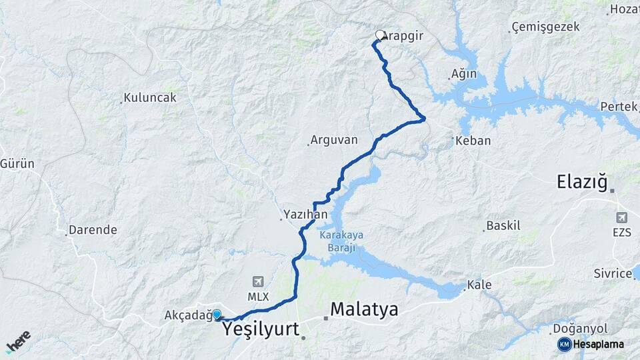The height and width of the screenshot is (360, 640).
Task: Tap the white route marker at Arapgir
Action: (x=380, y=35)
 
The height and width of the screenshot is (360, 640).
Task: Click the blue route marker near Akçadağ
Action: (x=217, y=314)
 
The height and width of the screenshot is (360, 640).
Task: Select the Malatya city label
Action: (x=364, y=309)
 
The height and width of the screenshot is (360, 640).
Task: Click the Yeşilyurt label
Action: (x=261, y=329)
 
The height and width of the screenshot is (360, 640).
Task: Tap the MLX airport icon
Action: (x=257, y=282)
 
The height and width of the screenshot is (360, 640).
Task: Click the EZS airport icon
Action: (x=621, y=217)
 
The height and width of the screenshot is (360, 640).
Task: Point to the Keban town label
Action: (x=475, y=141)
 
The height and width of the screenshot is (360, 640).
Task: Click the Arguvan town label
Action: (x=335, y=141)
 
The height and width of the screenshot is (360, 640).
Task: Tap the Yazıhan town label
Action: (x=305, y=215)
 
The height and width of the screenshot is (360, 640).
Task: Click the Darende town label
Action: (x=94, y=230)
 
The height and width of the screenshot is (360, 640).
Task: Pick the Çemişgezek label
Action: (x=545, y=27)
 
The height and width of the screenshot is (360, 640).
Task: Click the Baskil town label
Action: (x=503, y=225)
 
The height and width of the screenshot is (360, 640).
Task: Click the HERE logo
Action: (x=18, y=341)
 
